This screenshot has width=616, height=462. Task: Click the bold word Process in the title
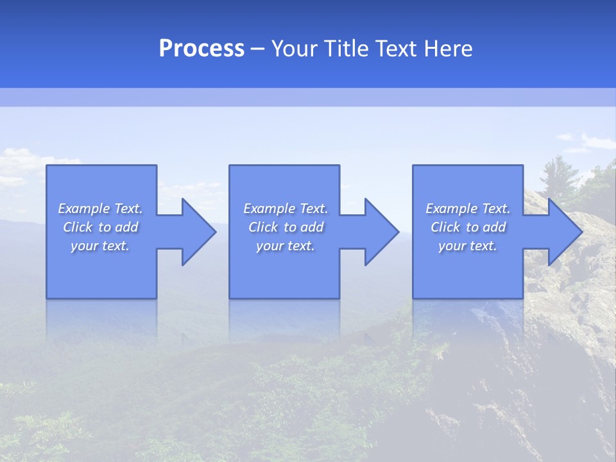(201, 49)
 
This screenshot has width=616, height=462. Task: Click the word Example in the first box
(84, 209)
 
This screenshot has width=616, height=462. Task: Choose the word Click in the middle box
(263, 227)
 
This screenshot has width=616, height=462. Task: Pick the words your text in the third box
(468, 246)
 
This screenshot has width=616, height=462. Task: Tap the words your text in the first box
(100, 246)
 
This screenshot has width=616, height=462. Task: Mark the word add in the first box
(127, 227)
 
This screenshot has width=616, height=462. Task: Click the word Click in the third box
(445, 227)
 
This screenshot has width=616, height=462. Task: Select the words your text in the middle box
(286, 246)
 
